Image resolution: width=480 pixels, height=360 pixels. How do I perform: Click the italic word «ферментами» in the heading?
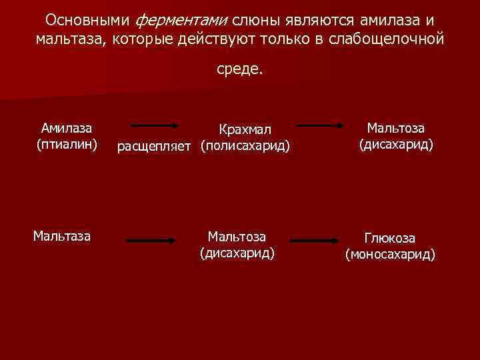click(188, 19)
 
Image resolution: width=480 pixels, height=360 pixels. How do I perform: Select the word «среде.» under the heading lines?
click(240, 69)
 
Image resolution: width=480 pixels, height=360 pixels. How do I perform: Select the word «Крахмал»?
click(245, 129)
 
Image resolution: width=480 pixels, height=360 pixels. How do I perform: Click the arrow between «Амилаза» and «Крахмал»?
click(153, 125)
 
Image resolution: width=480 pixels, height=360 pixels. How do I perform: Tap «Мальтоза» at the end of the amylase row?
click(397, 128)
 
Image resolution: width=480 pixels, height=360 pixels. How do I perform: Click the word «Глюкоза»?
click(390, 238)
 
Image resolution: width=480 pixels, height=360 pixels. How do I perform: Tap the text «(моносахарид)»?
click(390, 254)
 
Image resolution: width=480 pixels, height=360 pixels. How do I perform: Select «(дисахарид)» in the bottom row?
click(237, 253)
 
